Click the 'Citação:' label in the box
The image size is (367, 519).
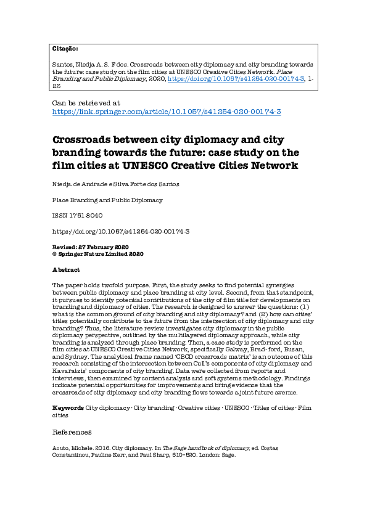pyautogui.click(x=65, y=48)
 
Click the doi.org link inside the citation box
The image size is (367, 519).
pyautogui.click(x=236, y=80)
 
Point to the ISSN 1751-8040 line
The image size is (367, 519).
pyautogui.click(x=77, y=216)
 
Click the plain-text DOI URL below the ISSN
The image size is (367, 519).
pyautogui.click(x=121, y=231)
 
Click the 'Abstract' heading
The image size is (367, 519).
pyautogui.click(x=66, y=270)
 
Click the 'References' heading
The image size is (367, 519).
pyautogui.click(x=72, y=432)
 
